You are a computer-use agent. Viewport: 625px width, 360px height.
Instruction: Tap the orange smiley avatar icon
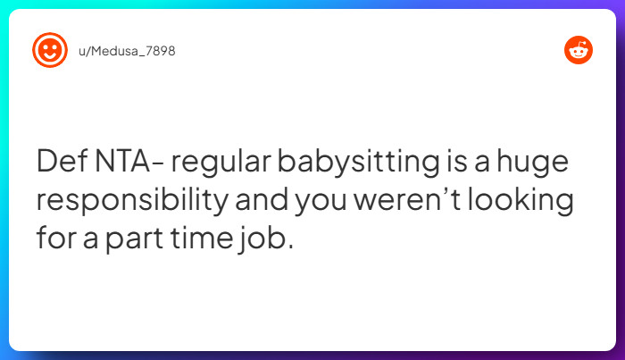[50, 50]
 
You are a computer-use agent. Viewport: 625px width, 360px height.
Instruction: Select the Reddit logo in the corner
[578, 50]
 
